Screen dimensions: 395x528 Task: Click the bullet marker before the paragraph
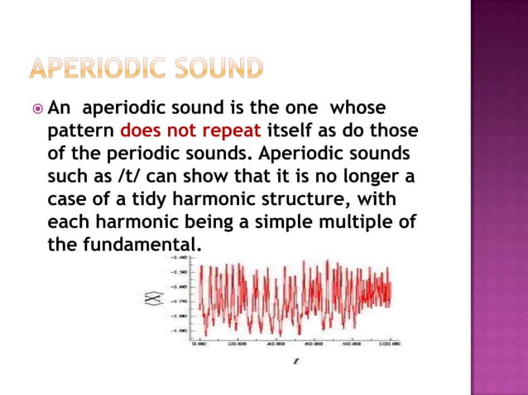[37, 110]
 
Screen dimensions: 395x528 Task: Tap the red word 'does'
[142, 131]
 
